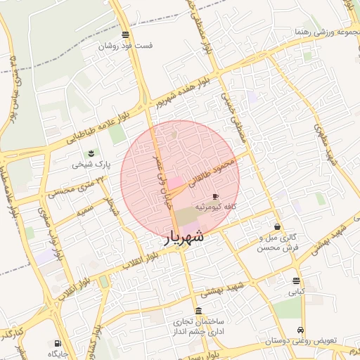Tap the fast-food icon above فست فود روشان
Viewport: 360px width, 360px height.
[x=125, y=34]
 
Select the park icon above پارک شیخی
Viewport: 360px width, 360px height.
[x=90, y=154]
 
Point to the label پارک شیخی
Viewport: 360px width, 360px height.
[x=88, y=166]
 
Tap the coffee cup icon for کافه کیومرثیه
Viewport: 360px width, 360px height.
[x=214, y=196]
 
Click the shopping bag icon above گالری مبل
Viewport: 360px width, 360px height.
[x=278, y=227]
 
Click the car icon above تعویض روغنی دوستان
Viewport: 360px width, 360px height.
[x=301, y=330]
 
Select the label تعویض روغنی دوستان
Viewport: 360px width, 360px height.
[x=300, y=341]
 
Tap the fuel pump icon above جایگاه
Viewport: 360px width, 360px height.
[x=57, y=344]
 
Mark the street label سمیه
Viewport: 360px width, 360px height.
[x=67, y=210]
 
